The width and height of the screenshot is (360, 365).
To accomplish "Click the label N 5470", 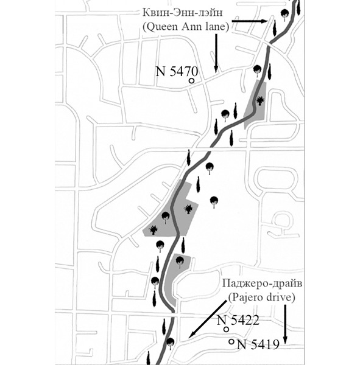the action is (x=177, y=71).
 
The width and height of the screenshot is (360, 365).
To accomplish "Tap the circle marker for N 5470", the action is (x=192, y=81).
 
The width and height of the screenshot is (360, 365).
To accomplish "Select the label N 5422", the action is (x=238, y=321).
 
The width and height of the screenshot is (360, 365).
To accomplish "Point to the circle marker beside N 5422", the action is (x=226, y=329).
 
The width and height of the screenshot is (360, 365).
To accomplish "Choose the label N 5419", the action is (x=258, y=344).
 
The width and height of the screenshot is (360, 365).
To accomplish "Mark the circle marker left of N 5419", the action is (x=231, y=342).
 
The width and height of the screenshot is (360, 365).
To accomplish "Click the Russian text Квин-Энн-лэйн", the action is (x=183, y=13).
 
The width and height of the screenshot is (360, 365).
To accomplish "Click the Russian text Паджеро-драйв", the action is (x=262, y=283).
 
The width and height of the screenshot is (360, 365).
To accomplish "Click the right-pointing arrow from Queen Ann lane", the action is (x=250, y=21).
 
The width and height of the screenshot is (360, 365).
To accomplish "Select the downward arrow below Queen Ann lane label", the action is (x=216, y=53).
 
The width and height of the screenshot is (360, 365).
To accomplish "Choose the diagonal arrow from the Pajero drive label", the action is (x=207, y=319).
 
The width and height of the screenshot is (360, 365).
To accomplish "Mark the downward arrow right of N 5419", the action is (x=284, y=324).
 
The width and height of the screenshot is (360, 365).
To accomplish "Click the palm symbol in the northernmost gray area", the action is (x=260, y=101).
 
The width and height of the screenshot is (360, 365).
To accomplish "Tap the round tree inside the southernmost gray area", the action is (x=180, y=262).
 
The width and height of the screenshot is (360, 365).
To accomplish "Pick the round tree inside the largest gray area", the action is (x=166, y=217).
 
